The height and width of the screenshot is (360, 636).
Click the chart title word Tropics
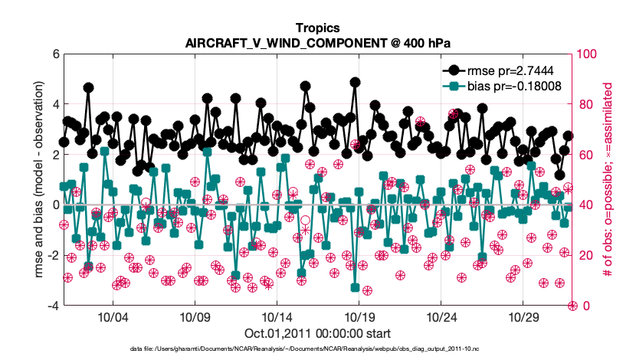tap(317, 28)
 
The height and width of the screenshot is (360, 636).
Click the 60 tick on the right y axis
tap(585, 155)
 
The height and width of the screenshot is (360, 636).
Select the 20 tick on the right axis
tap(585, 255)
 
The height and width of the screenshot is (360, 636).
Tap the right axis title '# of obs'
tap(609, 180)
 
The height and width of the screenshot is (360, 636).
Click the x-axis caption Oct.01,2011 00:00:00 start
tap(317, 333)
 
